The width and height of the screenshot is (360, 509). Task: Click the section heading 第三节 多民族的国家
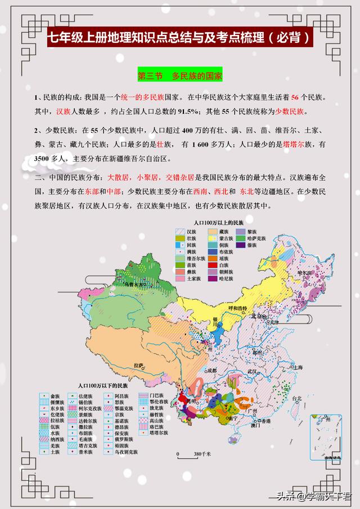pyautogui.click(x=180, y=75)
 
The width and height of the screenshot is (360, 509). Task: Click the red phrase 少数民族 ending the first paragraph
pyautogui.click(x=291, y=111)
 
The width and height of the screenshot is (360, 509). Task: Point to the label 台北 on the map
pyautogui.click(x=296, y=399)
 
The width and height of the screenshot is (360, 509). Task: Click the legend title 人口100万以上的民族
pyautogui.click(x=214, y=223)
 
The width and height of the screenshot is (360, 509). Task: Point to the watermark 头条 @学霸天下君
pyautogui.click(x=313, y=496)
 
